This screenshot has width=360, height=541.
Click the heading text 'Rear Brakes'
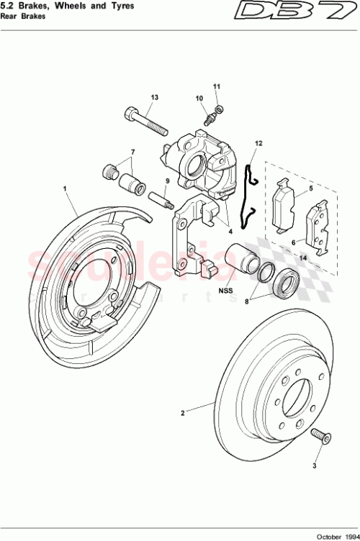[x=20, y=17]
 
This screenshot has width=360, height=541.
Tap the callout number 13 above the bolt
[x=154, y=97]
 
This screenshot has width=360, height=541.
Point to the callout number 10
[x=199, y=98]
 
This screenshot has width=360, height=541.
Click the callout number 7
[x=132, y=153]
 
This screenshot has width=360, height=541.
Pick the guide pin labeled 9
[x=160, y=196]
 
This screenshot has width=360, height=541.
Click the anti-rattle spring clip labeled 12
[x=250, y=191]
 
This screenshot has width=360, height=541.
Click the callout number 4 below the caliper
[x=230, y=232]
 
